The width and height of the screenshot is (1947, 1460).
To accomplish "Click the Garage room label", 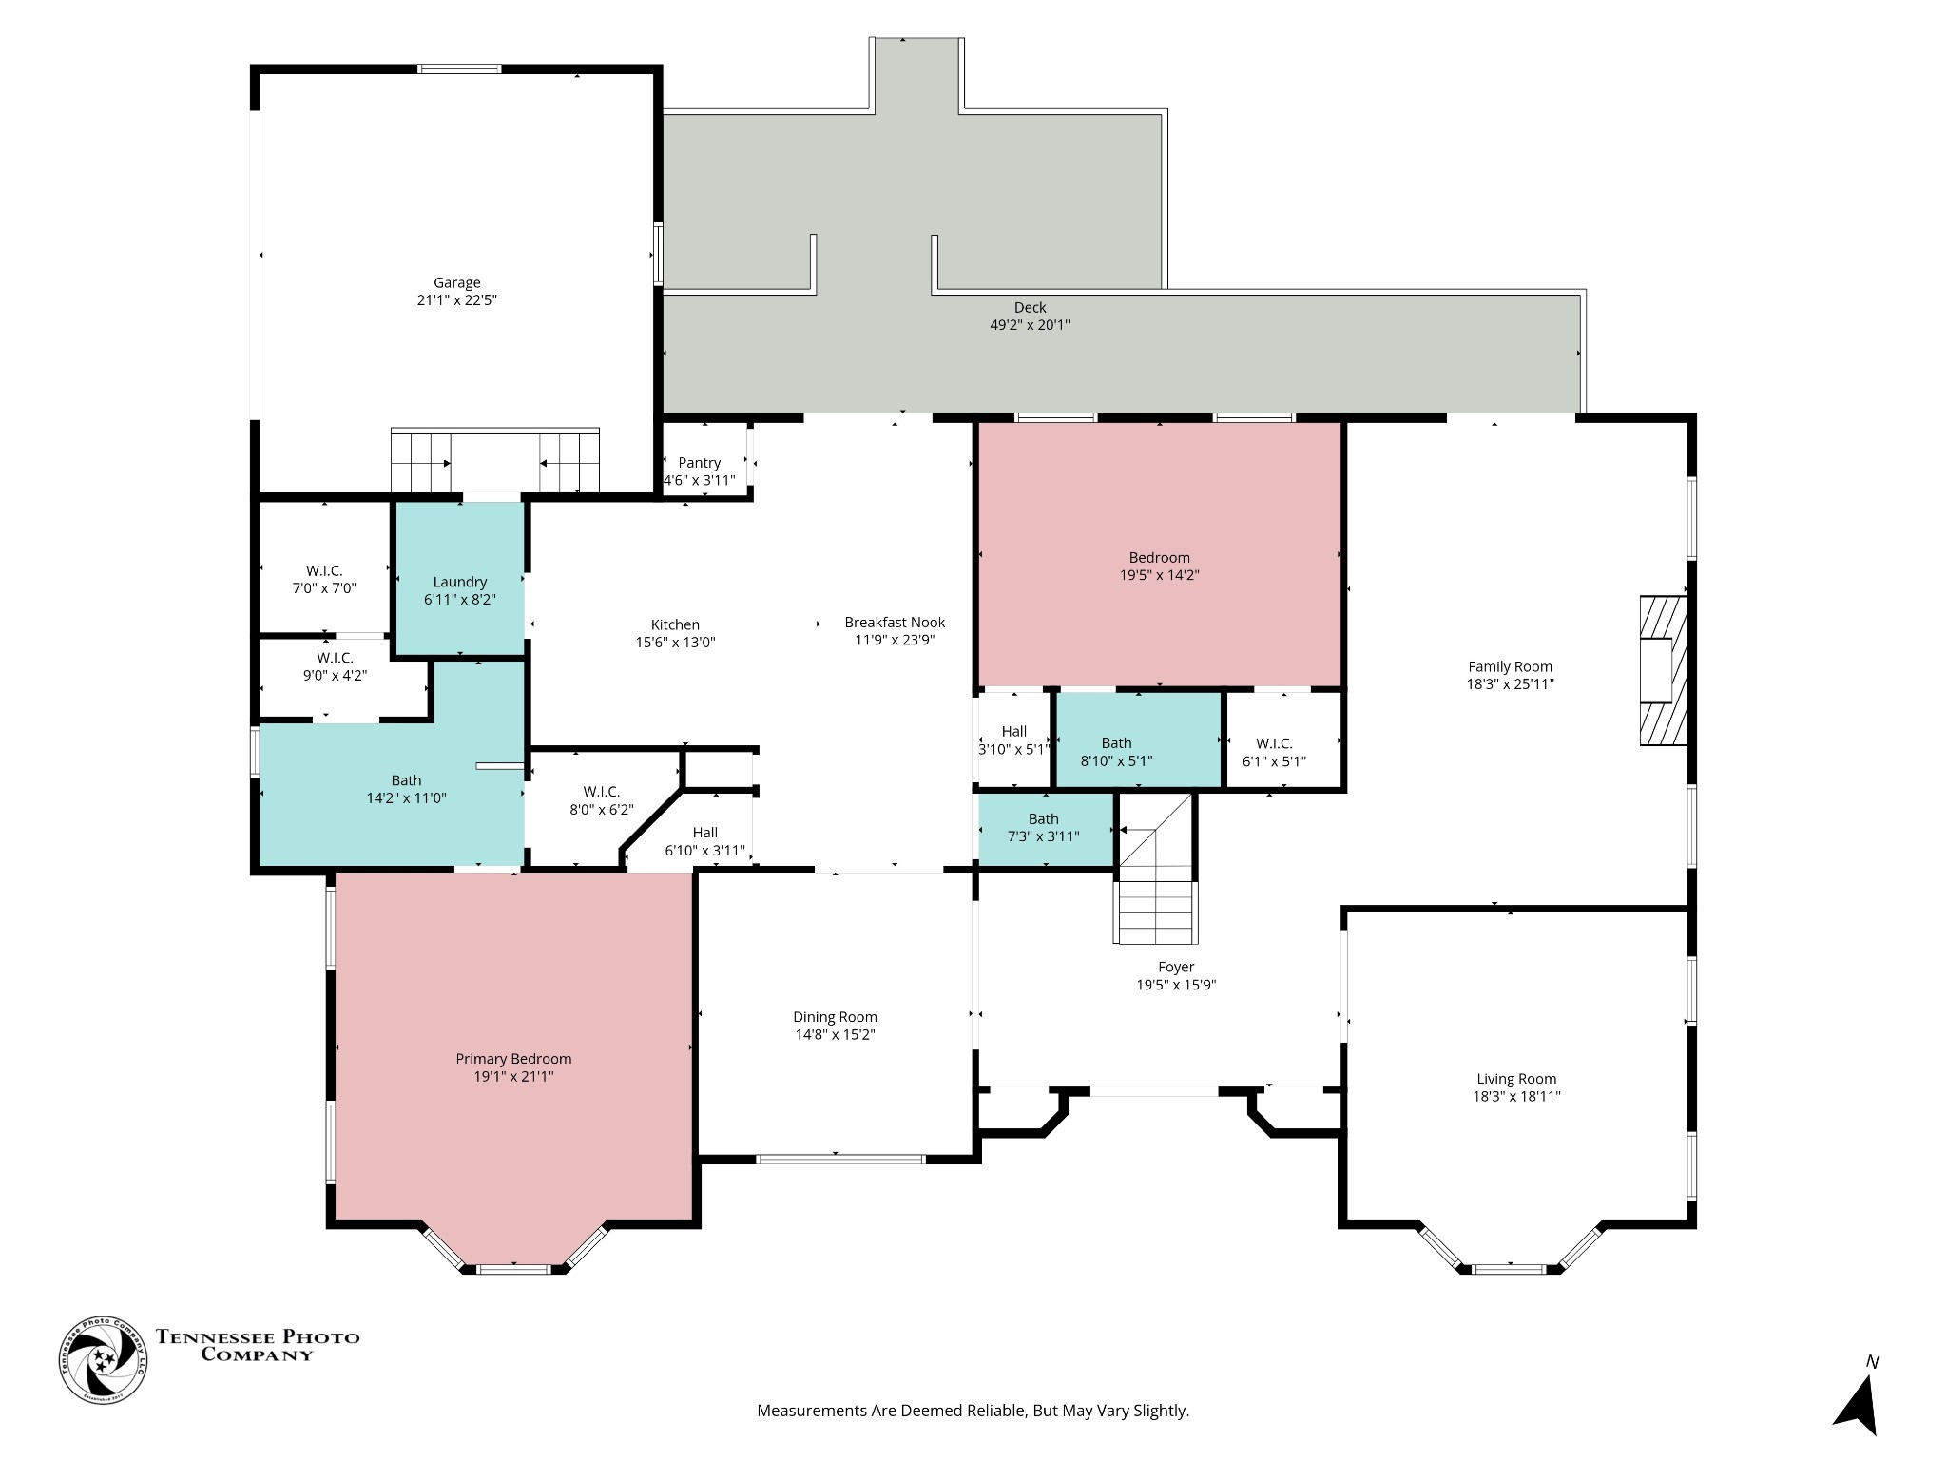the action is [457, 282].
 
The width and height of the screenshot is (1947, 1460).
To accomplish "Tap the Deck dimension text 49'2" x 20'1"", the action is [1031, 325].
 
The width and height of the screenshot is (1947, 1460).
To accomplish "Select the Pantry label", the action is [700, 463].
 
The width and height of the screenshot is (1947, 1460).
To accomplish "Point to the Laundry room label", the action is [460, 582].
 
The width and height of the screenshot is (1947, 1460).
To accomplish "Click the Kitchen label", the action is [675, 624].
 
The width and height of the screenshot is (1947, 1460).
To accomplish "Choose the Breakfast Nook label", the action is [895, 623].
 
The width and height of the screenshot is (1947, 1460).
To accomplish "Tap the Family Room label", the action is [1511, 666].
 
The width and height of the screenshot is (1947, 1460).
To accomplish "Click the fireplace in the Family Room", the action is [1663, 670].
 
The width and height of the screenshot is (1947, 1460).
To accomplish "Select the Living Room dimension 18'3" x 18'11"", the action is [1517, 1096].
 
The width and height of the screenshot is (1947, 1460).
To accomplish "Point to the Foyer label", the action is [1176, 967].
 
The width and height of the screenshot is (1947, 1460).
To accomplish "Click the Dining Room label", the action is [836, 1017].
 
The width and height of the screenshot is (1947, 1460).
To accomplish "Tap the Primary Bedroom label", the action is [513, 1059].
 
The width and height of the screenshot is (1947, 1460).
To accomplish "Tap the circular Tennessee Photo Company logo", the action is [104, 1360].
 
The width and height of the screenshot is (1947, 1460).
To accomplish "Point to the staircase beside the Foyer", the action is [1155, 867].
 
